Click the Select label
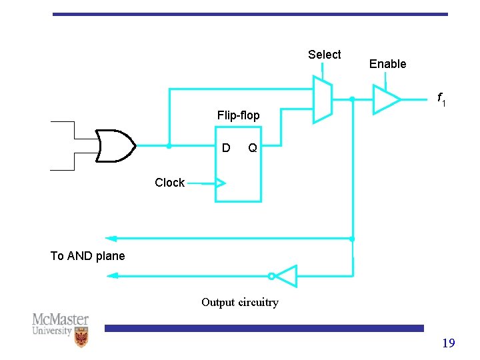pos(324,55)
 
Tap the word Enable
pos(387,64)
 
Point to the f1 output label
pos(441,99)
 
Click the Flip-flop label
pos(238,115)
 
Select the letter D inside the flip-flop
pos(226,147)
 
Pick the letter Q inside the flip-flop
pos(253,147)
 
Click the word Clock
pos(169,183)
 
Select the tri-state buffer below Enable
pos(385,99)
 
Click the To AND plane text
pos(87,256)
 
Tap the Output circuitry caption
pos(240,303)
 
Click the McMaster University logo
pos(61,329)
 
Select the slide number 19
pos(448,343)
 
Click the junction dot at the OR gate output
pos(169,146)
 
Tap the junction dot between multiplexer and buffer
pos(352,99)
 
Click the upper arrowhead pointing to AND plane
pos(111,238)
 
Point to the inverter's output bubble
pos(271,275)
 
